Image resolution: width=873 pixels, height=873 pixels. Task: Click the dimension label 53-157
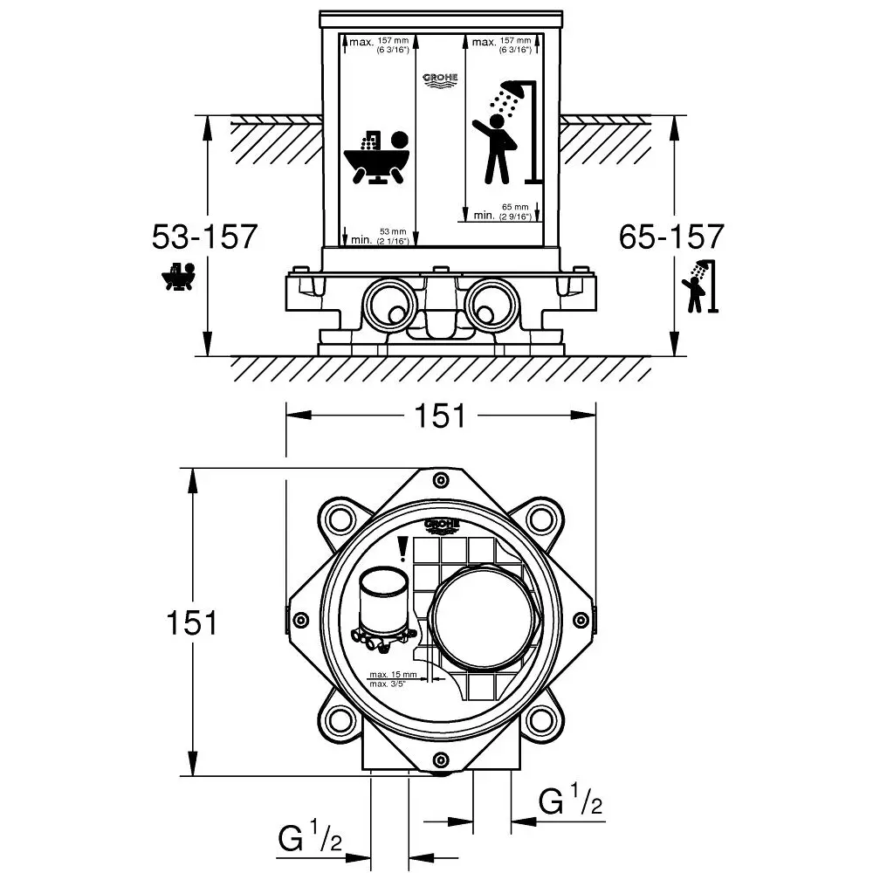point(204,237)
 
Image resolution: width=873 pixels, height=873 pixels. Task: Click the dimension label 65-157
point(670,237)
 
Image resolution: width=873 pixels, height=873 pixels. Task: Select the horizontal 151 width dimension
point(441,416)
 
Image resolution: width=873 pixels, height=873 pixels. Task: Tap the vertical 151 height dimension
point(191,622)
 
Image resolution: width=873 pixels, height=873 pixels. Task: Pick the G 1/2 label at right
point(572,801)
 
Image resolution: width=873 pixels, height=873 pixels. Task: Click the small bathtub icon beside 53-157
point(178,277)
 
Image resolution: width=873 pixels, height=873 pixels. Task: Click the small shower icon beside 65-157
point(700,285)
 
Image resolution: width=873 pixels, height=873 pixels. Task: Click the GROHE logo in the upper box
point(440,79)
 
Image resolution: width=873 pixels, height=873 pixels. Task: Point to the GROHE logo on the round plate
point(442,525)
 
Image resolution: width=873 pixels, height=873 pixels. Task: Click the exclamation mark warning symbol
point(402,548)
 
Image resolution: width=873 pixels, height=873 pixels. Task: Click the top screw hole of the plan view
point(441,479)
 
